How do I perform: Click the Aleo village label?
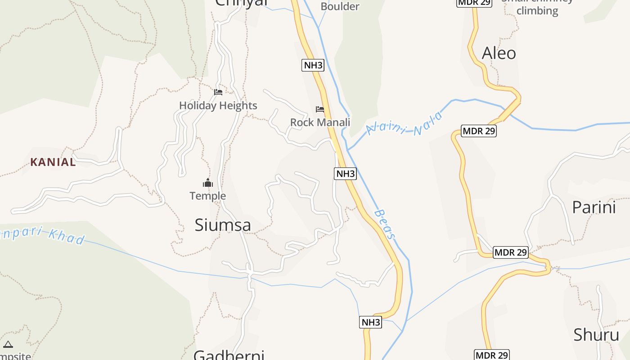pyautogui.click(x=499, y=53)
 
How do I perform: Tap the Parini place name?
pyautogui.click(x=594, y=207)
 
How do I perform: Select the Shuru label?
pyautogui.click(x=596, y=335)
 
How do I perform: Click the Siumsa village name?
pyautogui.click(x=223, y=225)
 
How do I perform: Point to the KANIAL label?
pyautogui.click(x=53, y=162)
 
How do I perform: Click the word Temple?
pyautogui.click(x=207, y=196)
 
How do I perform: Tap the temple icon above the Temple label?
pyautogui.click(x=207, y=183)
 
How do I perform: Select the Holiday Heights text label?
pyautogui.click(x=218, y=105)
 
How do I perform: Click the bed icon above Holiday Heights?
pyautogui.click(x=218, y=92)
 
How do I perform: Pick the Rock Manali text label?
pyautogui.click(x=320, y=122)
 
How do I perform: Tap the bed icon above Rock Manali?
pyautogui.click(x=320, y=109)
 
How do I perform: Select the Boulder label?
pyautogui.click(x=340, y=6)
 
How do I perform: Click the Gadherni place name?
pyautogui.click(x=229, y=355)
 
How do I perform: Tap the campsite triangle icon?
pyautogui.click(x=8, y=345)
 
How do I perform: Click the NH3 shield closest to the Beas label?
pyautogui.click(x=345, y=173)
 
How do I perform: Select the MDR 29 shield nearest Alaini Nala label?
pyautogui.click(x=479, y=131)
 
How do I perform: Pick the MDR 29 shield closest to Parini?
pyautogui.click(x=510, y=252)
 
